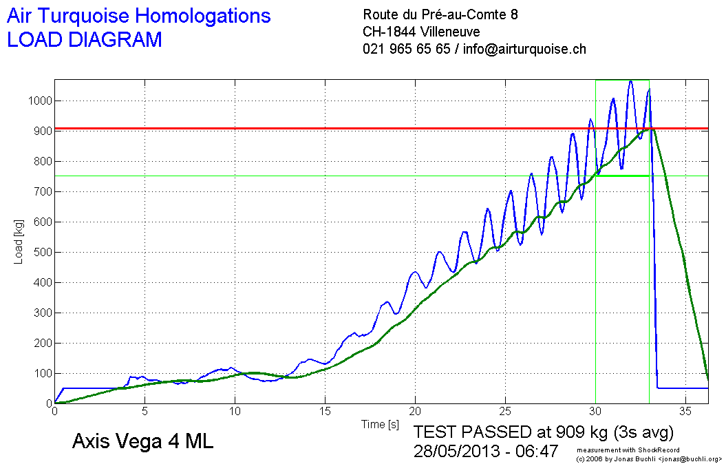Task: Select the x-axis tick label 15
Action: click(325, 412)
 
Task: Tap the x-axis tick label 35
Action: click(685, 412)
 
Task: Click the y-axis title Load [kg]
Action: click(19, 242)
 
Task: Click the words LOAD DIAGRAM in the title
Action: click(85, 40)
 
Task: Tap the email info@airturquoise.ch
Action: click(524, 49)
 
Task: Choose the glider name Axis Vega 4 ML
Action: click(142, 442)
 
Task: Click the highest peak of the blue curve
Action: click(630, 82)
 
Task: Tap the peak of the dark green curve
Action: click(650, 129)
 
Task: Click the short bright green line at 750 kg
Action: click(623, 176)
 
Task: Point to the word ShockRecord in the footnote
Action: click(650, 450)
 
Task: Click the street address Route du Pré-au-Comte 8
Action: click(440, 14)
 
